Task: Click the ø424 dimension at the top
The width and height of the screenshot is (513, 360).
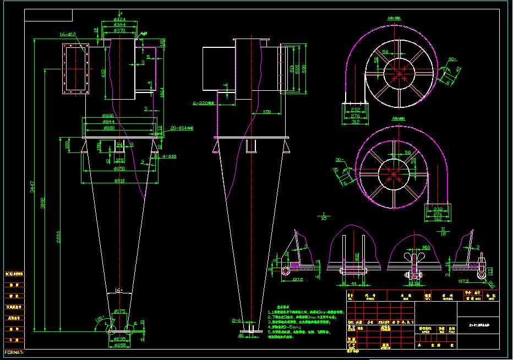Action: click(119, 19)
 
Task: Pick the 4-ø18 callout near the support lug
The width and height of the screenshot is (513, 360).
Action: click(170, 156)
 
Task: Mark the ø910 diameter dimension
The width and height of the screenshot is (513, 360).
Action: click(119, 181)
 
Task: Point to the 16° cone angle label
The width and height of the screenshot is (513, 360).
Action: click(118, 290)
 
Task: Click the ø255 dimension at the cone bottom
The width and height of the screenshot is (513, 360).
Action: click(119, 346)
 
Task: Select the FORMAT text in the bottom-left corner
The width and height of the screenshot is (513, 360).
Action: click(12, 352)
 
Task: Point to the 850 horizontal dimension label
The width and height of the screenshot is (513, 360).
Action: click(267, 112)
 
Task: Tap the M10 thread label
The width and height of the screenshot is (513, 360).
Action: click(425, 248)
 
